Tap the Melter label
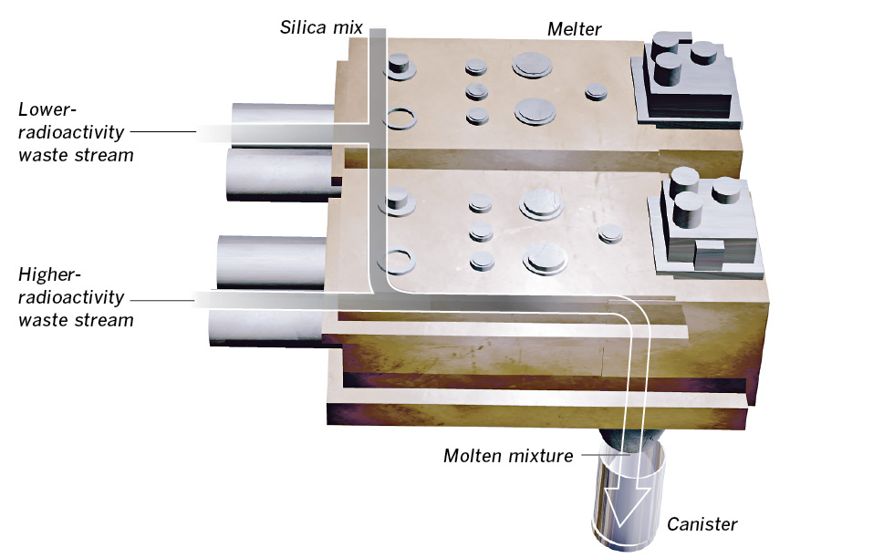tap(574, 29)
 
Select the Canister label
tap(702, 523)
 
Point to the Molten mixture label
tap(508, 455)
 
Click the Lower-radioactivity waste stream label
tap(77, 132)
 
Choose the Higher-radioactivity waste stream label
tap(77, 296)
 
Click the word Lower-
tap(43, 109)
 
